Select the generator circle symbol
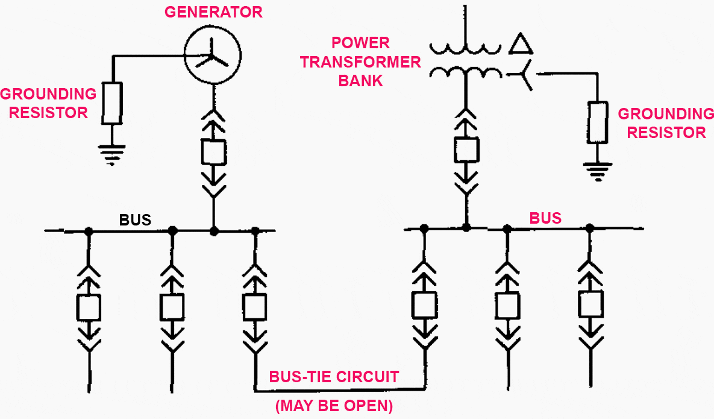[x=212, y=56]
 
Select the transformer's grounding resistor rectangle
[x=598, y=122]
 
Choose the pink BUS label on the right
[x=545, y=218]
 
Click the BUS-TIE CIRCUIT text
[x=334, y=377]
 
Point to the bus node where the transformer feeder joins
[x=466, y=227]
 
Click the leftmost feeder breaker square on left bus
[x=89, y=307]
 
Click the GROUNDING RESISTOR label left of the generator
[x=48, y=103]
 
